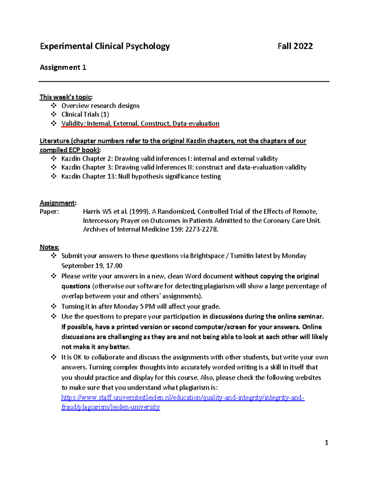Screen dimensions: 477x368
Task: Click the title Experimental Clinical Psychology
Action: (x=105, y=46)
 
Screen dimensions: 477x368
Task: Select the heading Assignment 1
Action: (x=63, y=68)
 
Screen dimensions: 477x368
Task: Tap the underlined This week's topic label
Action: (x=66, y=97)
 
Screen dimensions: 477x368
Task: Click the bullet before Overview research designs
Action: (x=54, y=106)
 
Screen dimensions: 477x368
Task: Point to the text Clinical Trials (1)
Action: (x=85, y=115)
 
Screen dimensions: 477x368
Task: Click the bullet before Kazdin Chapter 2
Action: (x=54, y=159)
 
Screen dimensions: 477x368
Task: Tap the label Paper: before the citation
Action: (x=49, y=212)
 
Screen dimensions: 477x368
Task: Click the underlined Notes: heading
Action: (x=49, y=247)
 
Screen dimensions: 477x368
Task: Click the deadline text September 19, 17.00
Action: (x=92, y=266)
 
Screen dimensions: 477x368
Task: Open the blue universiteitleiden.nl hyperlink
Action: (x=182, y=398)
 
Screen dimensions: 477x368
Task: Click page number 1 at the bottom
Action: (x=326, y=443)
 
